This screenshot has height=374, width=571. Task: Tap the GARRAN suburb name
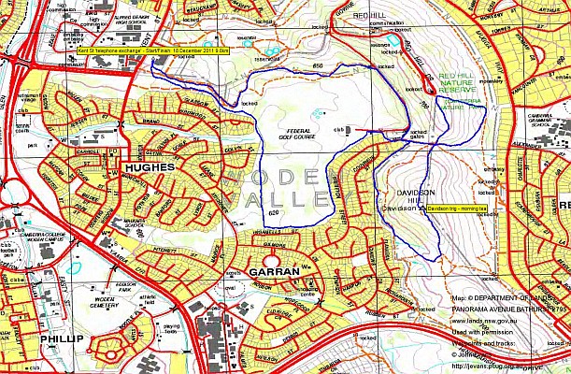(274, 270)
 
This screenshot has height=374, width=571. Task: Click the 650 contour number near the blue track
(318, 65)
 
